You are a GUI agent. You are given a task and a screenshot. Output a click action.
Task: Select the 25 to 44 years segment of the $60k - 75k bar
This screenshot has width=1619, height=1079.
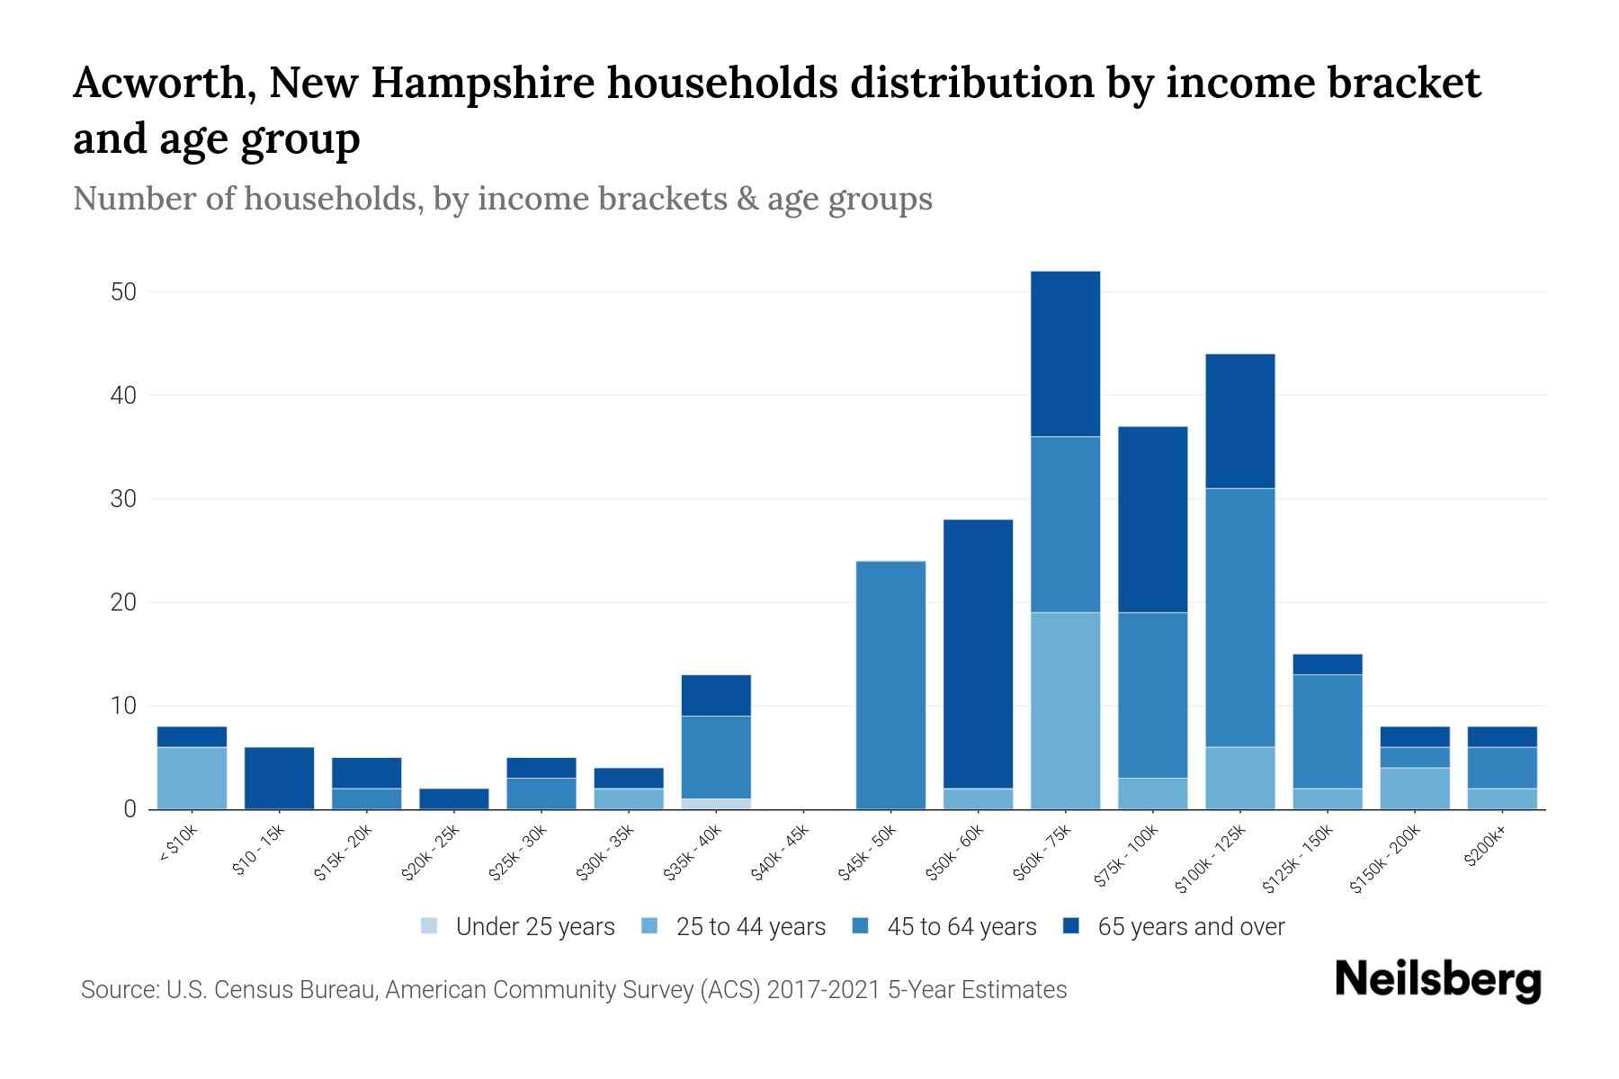(x=1065, y=710)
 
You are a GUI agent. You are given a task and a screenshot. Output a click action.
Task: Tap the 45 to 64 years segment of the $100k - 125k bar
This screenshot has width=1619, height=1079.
(x=1239, y=618)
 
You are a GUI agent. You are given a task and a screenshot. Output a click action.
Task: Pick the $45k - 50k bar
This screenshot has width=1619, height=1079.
(x=890, y=685)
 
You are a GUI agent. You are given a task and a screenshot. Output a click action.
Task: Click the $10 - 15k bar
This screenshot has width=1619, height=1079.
(x=279, y=778)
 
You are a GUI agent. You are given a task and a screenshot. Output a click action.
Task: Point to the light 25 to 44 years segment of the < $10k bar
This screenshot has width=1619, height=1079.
(x=192, y=778)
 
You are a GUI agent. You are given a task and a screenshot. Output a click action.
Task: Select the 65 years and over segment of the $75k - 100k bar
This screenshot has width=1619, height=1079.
(x=1152, y=520)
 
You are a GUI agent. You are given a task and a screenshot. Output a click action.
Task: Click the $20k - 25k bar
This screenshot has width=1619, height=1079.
(x=454, y=798)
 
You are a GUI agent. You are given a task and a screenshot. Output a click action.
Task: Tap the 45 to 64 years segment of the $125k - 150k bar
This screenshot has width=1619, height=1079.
(x=1327, y=731)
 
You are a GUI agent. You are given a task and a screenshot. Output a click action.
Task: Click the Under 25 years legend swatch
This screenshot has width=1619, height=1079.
(x=430, y=926)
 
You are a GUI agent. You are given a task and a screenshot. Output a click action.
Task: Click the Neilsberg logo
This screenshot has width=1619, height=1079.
(x=1437, y=980)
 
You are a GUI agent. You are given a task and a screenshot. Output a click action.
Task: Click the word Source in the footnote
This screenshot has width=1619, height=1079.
(x=117, y=990)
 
